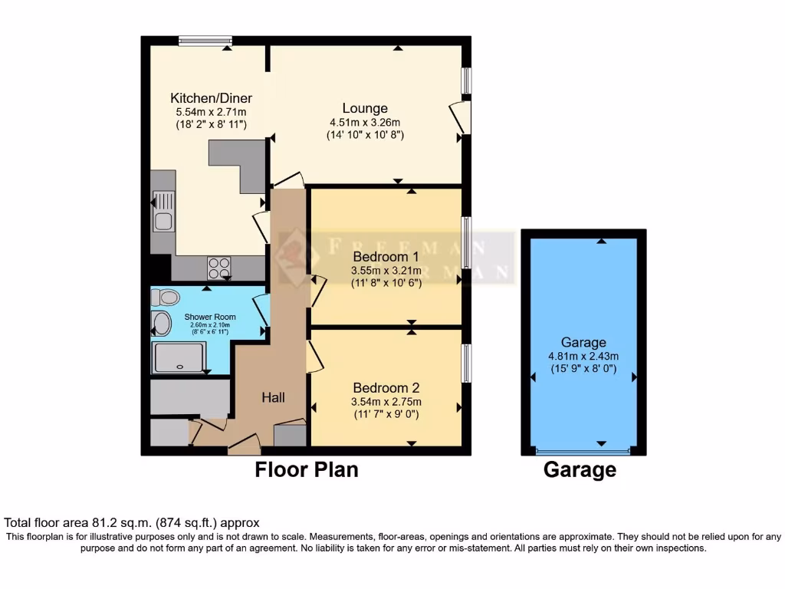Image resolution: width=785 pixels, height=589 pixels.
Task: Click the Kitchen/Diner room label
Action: pos(211,98)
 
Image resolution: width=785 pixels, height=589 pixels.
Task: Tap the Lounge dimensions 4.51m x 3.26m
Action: pos(365,122)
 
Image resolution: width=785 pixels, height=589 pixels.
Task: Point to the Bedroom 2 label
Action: pos(386,388)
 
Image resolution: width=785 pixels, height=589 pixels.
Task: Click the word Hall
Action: pos(274,397)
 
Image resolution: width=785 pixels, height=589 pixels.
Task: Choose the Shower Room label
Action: pos(210,317)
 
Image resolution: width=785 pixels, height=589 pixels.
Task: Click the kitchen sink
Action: pos(163,212)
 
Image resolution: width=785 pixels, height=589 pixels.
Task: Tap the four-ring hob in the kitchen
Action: pos(218,268)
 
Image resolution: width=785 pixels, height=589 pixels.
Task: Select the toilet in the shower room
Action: pos(166,298)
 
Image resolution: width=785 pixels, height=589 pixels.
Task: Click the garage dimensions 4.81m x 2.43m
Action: pos(583,356)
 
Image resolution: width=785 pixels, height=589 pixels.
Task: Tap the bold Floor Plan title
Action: pos(306,469)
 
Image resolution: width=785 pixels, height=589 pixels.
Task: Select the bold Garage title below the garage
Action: pos(580,470)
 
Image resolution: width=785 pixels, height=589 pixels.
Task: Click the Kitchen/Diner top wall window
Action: pos(205,40)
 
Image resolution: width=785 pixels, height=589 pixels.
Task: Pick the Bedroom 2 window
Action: pos(465,363)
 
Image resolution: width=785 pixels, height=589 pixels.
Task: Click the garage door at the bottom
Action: pos(583,452)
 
